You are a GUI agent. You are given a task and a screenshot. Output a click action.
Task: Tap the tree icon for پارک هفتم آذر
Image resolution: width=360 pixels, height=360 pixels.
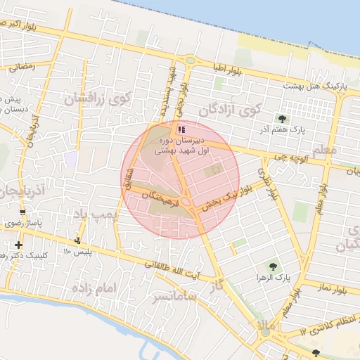283,119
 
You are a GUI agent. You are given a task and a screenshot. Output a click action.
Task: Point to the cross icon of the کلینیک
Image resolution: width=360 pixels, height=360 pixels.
18,245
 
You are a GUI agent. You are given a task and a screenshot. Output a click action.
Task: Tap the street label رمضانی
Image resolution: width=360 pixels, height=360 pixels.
20,67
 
